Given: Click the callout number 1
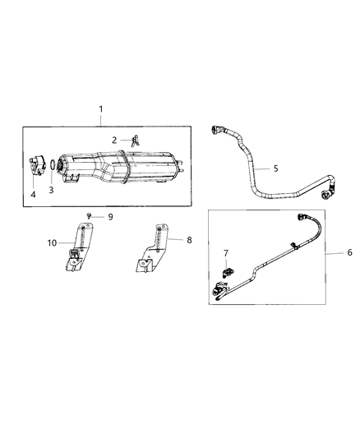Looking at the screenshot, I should point(101,109).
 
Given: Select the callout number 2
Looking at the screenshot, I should point(115,140).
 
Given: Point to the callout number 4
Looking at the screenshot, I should point(34,194).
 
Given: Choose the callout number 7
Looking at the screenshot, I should point(227,253).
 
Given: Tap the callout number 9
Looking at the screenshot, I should point(110,216).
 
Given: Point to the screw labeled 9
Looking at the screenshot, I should point(90,216).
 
